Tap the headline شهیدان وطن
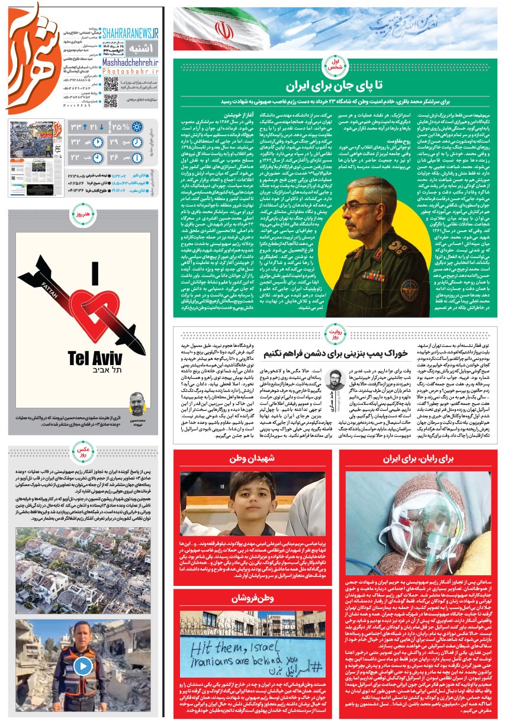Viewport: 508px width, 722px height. (256, 459)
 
